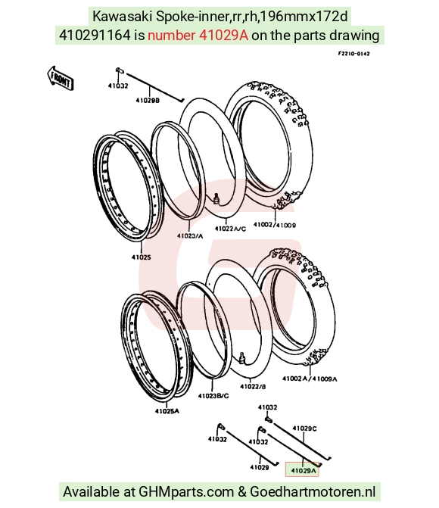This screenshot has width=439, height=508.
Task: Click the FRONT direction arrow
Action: click(61, 79)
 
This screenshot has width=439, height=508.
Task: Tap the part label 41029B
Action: click(148, 101)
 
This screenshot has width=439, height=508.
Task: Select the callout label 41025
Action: click(142, 257)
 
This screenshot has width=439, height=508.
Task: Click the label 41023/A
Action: click(190, 236)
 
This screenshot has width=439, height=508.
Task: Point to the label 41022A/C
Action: click(230, 229)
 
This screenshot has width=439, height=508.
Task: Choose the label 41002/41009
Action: click(275, 225)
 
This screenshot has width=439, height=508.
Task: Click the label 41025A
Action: click(167, 411)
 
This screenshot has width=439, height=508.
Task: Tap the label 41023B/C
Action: click(213, 396)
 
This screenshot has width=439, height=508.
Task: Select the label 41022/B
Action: click(253, 387)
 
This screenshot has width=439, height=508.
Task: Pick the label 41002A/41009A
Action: click(310, 379)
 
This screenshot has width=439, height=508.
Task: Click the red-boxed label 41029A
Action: click(303, 470)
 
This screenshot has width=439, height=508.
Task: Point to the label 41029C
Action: click(304, 429)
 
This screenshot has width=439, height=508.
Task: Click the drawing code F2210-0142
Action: click(353, 54)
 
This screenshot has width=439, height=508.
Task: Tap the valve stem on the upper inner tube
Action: click(216, 198)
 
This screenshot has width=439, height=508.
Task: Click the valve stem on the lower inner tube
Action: click(242, 357)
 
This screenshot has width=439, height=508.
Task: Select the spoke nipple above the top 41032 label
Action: click(119, 70)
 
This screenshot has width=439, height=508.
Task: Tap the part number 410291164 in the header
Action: click(95, 36)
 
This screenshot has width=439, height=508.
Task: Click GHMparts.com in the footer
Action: click(186, 492)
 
